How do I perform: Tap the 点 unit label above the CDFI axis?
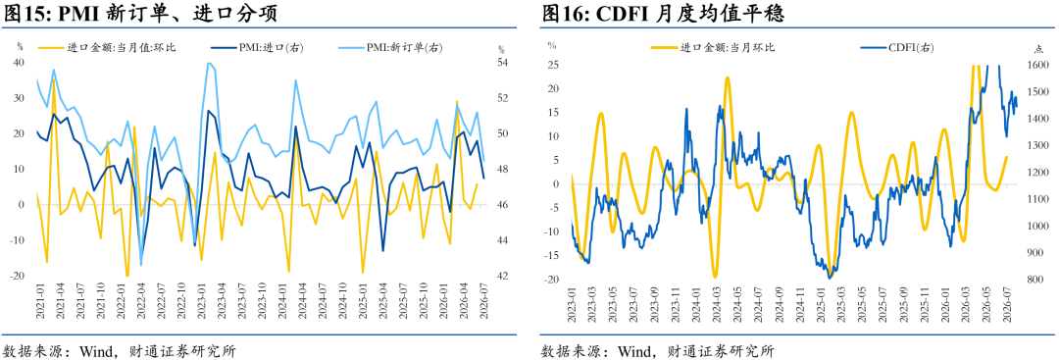pos(1038,49)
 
